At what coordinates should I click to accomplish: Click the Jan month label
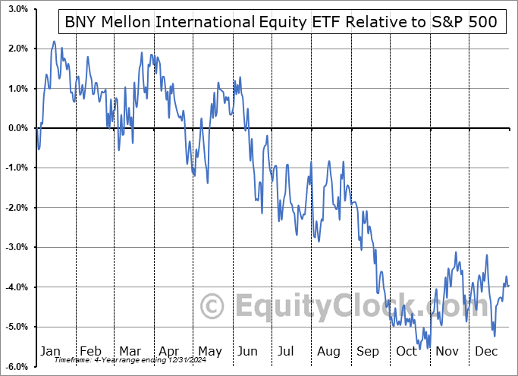tap(51, 351)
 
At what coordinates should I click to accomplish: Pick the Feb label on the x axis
tap(90, 351)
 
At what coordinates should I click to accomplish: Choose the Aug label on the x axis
tap(328, 351)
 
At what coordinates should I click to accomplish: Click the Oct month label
tap(407, 351)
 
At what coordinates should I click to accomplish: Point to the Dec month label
tap(485, 351)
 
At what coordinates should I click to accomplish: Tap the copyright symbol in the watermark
tap(214, 306)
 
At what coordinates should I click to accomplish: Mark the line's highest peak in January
tap(54, 41)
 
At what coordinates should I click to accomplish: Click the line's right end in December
tap(508, 285)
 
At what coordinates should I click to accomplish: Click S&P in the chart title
tap(444, 22)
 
